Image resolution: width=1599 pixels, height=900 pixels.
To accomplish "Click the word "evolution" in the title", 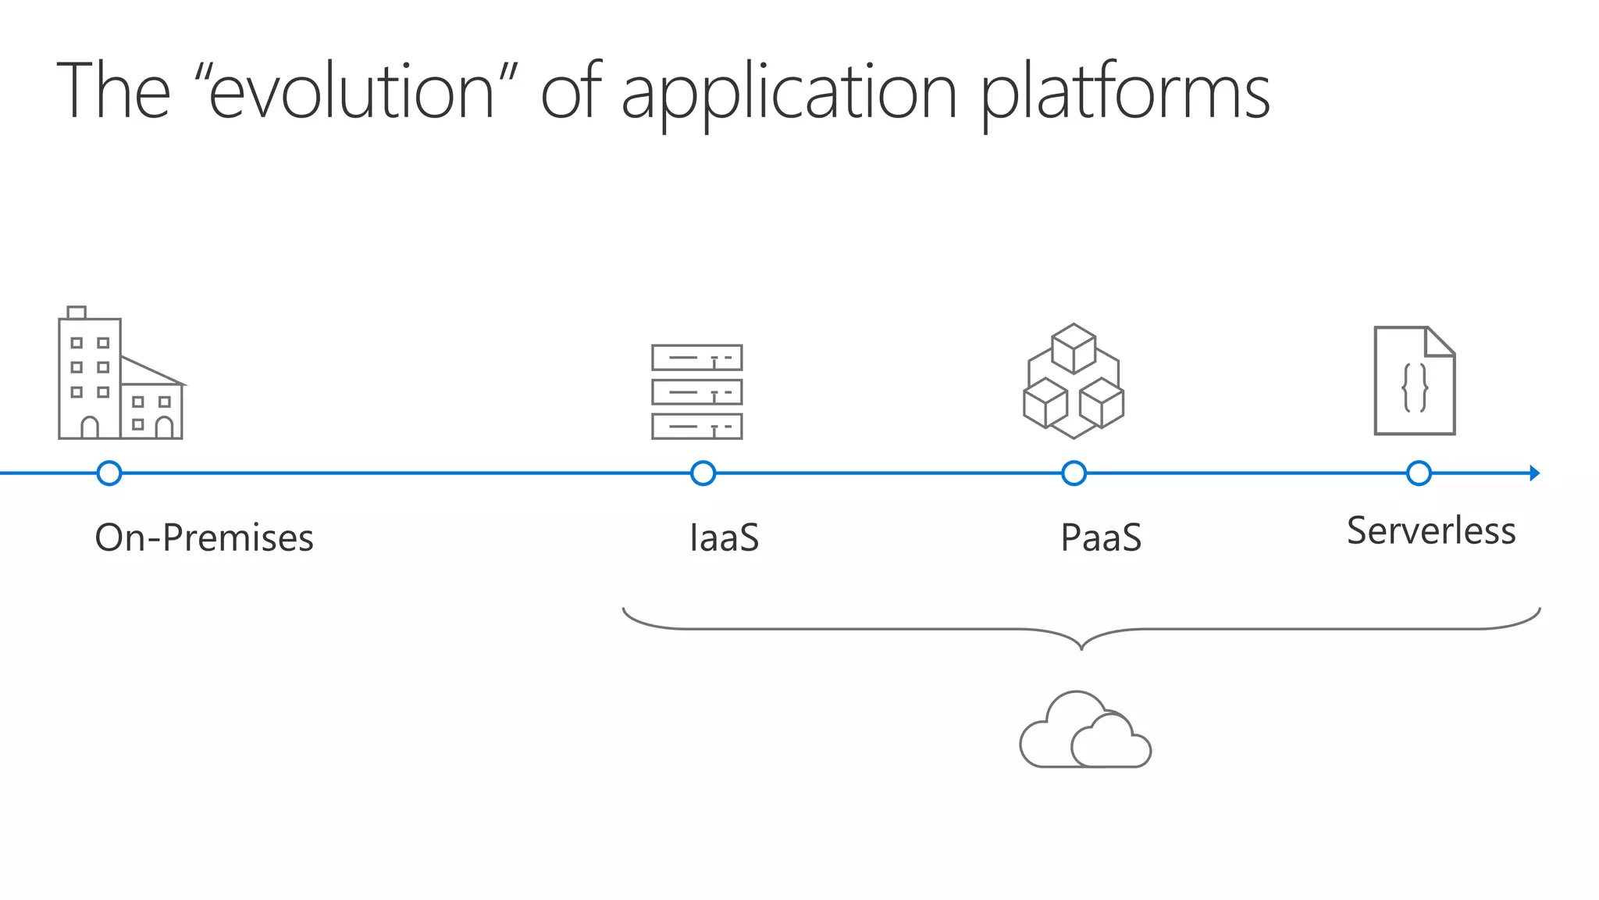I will pos(352,92).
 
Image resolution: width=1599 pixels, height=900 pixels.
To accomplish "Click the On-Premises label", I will pos(204,537).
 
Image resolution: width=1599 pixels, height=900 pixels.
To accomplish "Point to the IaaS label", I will pos(724,537).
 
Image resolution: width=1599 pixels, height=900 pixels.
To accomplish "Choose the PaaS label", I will pos(1101,537).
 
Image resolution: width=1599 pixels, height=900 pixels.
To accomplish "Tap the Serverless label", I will pos(1431,531).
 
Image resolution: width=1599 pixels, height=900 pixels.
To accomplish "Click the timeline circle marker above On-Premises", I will pos(109,473).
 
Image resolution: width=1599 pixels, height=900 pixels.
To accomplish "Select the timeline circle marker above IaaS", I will pos(703,473).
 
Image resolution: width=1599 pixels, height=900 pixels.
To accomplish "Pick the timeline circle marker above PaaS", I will pos(1074,473).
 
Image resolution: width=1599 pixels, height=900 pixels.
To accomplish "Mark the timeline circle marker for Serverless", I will pos(1419,473).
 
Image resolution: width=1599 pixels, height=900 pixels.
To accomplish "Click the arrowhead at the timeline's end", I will pos(1534,473).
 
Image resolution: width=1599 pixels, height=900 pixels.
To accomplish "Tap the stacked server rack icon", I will pos(697,391).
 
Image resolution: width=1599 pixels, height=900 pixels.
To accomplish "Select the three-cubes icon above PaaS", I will pos(1074,380).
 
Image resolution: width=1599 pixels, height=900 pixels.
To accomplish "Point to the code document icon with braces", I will pos(1415,380).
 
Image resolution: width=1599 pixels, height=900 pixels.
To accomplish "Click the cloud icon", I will pos(1085,730).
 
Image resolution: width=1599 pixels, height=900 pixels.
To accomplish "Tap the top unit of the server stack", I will pos(697,358).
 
